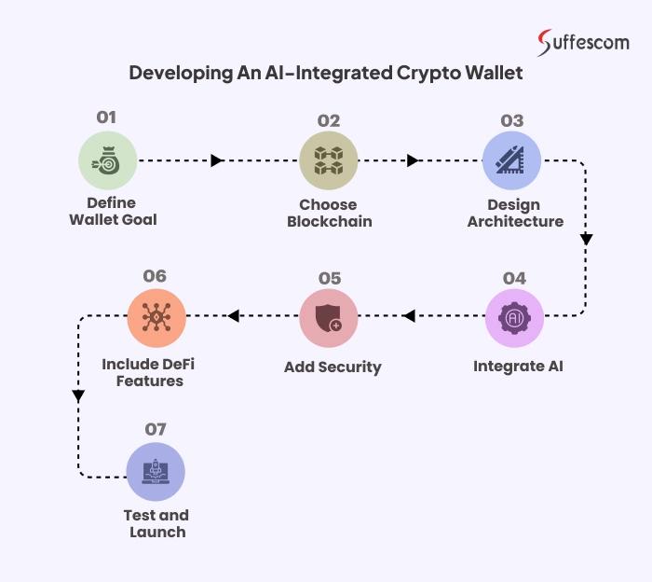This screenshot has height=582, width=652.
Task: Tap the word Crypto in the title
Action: [428, 73]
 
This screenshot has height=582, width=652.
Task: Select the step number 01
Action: [107, 118]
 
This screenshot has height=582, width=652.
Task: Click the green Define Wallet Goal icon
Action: [107, 160]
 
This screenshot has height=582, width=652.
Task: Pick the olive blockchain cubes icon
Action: [329, 160]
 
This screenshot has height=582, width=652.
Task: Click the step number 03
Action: [512, 120]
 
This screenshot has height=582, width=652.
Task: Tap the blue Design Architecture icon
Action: [511, 160]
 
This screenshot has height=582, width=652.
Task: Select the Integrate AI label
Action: [518, 366]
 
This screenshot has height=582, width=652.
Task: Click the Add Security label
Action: [333, 367]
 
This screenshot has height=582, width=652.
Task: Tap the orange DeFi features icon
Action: [156, 317]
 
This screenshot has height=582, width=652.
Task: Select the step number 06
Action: [155, 276]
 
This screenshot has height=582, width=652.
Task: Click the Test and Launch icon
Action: [155, 472]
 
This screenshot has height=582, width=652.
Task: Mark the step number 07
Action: [155, 429]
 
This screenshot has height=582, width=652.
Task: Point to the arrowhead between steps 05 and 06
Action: [234, 317]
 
